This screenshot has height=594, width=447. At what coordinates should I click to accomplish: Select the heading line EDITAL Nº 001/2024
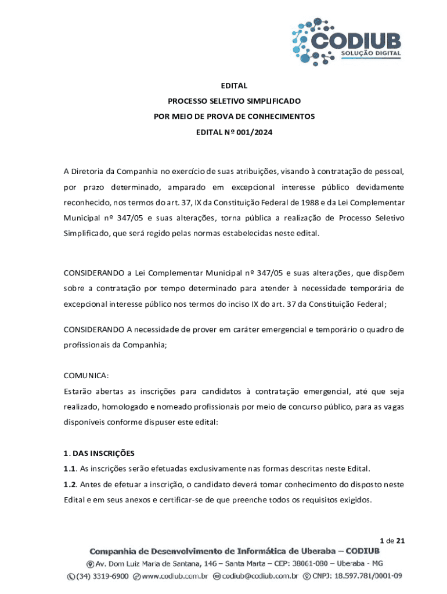click(234, 132)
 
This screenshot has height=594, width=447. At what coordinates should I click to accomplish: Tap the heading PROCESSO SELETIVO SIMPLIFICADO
click(234, 101)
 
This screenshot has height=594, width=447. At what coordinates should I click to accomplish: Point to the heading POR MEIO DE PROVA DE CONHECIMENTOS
click(234, 116)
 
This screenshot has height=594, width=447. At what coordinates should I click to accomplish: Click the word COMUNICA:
click(86, 375)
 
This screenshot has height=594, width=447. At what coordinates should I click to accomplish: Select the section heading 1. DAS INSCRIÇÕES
click(99, 452)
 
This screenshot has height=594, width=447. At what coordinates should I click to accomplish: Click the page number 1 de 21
click(392, 541)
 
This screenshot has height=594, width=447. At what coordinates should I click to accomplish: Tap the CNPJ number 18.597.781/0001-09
click(362, 577)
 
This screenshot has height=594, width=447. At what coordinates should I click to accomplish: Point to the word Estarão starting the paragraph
click(78, 390)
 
